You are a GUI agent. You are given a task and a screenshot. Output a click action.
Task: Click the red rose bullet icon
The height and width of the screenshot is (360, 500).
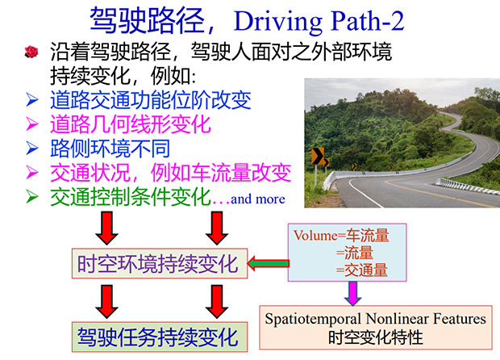click(31, 52)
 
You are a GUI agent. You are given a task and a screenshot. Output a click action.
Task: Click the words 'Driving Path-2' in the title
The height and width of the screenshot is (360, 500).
click(319, 21)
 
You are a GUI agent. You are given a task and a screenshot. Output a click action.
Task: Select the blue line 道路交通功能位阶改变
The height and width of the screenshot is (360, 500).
click(151, 100)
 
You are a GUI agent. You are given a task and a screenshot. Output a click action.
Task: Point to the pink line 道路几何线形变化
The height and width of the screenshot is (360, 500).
click(131, 124)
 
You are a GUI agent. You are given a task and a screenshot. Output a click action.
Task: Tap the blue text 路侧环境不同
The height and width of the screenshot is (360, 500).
click(110, 149)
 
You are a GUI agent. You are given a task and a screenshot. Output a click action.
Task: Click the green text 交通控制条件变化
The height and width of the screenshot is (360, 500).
click(131, 197)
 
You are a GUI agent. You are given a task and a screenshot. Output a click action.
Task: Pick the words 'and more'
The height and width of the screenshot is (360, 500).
click(257, 199)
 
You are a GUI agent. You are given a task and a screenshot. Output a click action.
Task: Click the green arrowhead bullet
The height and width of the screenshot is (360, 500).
click(32, 197)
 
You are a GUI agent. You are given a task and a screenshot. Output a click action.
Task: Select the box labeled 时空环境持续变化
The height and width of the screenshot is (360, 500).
click(160, 263)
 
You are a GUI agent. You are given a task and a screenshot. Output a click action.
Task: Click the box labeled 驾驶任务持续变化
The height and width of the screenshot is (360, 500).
click(160, 337)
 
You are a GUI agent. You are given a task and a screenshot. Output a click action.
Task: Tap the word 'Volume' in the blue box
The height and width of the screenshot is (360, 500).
click(315, 236)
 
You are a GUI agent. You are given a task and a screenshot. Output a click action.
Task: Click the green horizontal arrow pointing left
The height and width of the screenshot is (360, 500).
click(269, 263)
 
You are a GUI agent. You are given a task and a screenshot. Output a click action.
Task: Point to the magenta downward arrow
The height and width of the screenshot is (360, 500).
click(352, 293)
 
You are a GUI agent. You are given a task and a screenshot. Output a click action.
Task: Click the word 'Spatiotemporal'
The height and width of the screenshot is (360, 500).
click(313, 319)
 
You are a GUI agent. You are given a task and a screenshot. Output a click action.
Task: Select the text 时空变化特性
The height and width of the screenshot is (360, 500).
click(376, 337)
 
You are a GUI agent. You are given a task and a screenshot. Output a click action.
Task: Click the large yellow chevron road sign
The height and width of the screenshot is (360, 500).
click(318, 156)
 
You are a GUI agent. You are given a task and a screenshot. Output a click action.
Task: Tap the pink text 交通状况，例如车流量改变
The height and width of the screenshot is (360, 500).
click(171, 173)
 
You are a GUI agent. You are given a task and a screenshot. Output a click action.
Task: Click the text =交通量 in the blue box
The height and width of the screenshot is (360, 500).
click(361, 270)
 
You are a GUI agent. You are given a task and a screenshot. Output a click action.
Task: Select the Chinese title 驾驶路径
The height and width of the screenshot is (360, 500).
click(148, 20)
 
